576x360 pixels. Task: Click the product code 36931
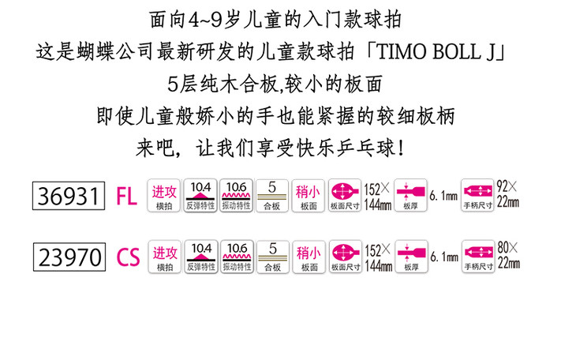68,194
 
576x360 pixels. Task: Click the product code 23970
68,257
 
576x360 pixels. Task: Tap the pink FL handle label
127,195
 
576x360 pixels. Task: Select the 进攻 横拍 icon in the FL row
164,194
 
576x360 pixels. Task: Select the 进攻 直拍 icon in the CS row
164,257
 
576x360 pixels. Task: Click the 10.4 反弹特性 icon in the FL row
200,194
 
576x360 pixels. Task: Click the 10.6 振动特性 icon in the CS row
237,257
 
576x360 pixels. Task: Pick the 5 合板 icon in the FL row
272,194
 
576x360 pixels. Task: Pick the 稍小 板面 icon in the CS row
309,257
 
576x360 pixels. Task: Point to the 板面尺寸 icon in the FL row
345,194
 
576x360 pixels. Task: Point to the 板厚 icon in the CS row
410,257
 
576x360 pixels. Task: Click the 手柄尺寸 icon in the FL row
477,194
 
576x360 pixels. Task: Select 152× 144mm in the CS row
378,257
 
